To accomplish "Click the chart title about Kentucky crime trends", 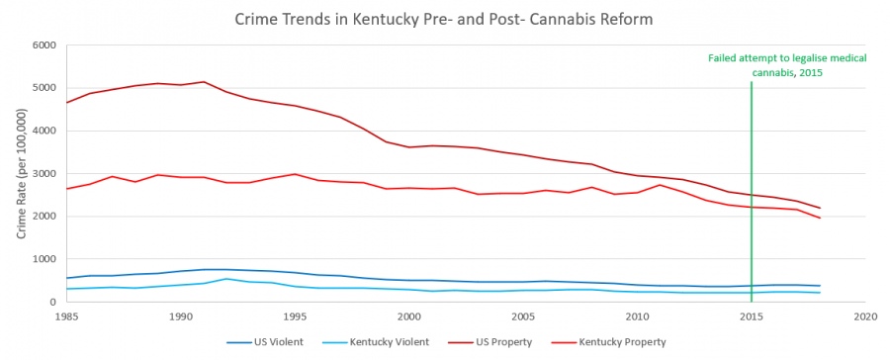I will pyautogui.click(x=444, y=19).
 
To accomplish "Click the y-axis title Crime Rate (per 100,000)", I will pyautogui.click(x=21, y=173).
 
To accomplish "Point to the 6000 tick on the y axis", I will pyautogui.click(x=44, y=45).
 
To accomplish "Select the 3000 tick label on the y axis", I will pyautogui.click(x=44, y=174).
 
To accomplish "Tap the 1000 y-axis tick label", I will pyautogui.click(x=44, y=259).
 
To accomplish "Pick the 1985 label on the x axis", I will pyautogui.click(x=66, y=316).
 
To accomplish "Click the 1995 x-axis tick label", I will pyautogui.click(x=295, y=316).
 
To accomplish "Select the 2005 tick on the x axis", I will pyautogui.click(x=523, y=316).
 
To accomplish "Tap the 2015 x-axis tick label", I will pyautogui.click(x=752, y=316).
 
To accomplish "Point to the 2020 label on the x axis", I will pyautogui.click(x=865, y=316).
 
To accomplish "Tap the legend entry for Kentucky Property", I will pyautogui.click(x=617, y=342).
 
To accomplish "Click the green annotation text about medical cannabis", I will pyautogui.click(x=787, y=65).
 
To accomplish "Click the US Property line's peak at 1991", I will pyautogui.click(x=204, y=82).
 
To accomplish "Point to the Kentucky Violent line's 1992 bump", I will pyautogui.click(x=226, y=279).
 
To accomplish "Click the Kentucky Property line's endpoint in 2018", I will pyautogui.click(x=820, y=218).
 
